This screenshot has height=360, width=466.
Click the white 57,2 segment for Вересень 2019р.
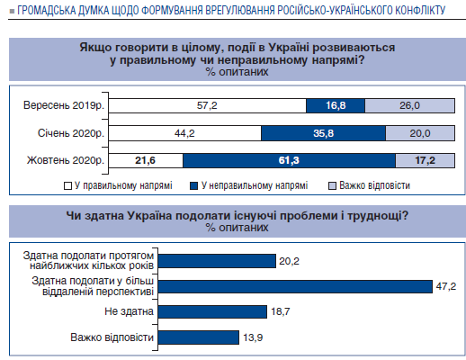click(208, 105)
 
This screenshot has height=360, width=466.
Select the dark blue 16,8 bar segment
click(336, 105)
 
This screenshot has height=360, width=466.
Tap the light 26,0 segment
click(409, 105)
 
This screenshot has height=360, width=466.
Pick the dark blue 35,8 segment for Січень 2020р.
click(323, 133)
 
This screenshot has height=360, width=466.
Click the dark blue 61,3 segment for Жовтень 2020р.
click(289, 160)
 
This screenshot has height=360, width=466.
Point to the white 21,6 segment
click(146, 160)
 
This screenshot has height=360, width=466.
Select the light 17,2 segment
click(426, 160)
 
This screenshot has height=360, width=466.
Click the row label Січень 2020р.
click(71, 133)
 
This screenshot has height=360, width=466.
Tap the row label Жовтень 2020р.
click(66, 160)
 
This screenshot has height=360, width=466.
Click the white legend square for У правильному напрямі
click(67, 186)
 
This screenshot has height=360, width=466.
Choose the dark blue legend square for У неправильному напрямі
click(193, 186)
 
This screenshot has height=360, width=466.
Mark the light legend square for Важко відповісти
click(332, 186)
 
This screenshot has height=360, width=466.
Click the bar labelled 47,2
click(295, 287)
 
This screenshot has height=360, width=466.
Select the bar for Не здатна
click(212, 312)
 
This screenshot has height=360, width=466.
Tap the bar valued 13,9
click(199, 337)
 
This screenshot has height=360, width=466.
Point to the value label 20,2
click(289, 261)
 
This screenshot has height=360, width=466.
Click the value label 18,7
click(281, 311)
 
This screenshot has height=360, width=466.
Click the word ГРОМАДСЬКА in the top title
click(47, 11)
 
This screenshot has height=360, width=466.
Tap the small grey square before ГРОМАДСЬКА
click(12, 12)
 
